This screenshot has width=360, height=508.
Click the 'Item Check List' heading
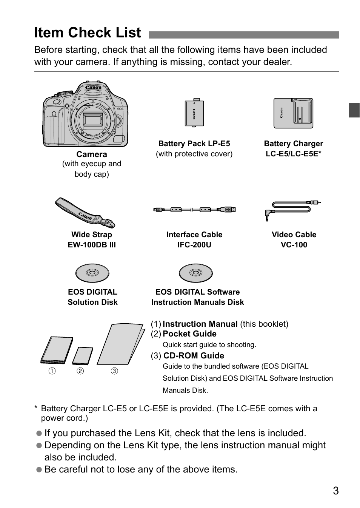(x=88, y=33)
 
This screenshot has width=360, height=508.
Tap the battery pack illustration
(x=194, y=113)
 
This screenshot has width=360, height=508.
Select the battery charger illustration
(x=293, y=113)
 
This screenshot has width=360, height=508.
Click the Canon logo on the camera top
(x=93, y=88)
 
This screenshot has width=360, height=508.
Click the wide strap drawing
(x=85, y=213)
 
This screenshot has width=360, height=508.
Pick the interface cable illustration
(x=194, y=209)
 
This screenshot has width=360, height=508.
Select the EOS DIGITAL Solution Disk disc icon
(x=92, y=273)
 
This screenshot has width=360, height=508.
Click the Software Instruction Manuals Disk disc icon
(x=195, y=273)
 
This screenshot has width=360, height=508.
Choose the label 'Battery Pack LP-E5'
(x=194, y=144)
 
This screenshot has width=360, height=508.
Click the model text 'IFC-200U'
(x=194, y=245)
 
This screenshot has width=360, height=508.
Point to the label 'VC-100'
(x=294, y=245)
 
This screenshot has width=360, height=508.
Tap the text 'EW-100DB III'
(x=92, y=245)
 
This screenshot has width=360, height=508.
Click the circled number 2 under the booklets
(x=80, y=371)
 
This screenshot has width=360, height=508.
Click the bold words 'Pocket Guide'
(x=189, y=334)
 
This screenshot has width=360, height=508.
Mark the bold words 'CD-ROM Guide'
(x=194, y=356)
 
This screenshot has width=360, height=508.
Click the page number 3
(x=335, y=491)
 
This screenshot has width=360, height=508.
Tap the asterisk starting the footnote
(x=36, y=409)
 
